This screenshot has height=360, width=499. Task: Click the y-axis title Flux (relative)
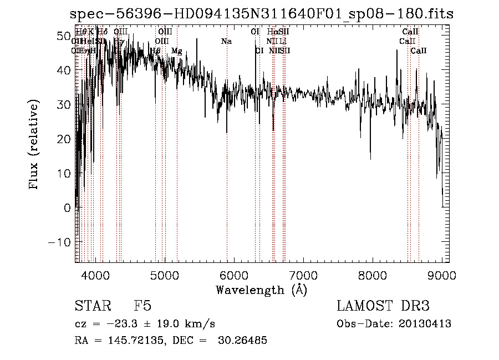pyautogui.click(x=34, y=145)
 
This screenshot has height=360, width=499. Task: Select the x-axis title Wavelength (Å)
pyautogui.click(x=261, y=290)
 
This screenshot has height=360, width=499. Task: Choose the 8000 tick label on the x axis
pyautogui.click(x=372, y=275)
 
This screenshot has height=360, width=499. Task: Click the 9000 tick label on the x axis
pyautogui.click(x=441, y=275)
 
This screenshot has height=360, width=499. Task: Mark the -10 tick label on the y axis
pyautogui.click(x=60, y=242)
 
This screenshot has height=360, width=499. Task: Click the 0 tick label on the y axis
pyautogui.click(x=68, y=208)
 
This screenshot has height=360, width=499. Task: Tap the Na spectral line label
pyautogui.click(x=226, y=41)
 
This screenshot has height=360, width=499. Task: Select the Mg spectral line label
pyautogui.click(x=176, y=51)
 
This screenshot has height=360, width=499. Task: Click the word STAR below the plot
pyautogui.click(x=93, y=306)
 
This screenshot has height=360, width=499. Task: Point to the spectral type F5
pyautogui.click(x=142, y=306)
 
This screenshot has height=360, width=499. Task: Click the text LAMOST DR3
pyautogui.click(x=383, y=306)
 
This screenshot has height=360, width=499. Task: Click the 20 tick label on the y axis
pyautogui.click(x=64, y=139)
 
